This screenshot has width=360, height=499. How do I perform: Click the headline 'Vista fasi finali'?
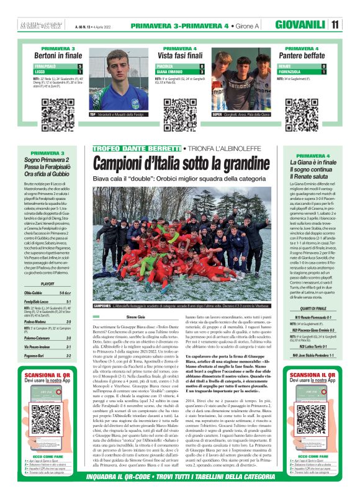tap(180, 55)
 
